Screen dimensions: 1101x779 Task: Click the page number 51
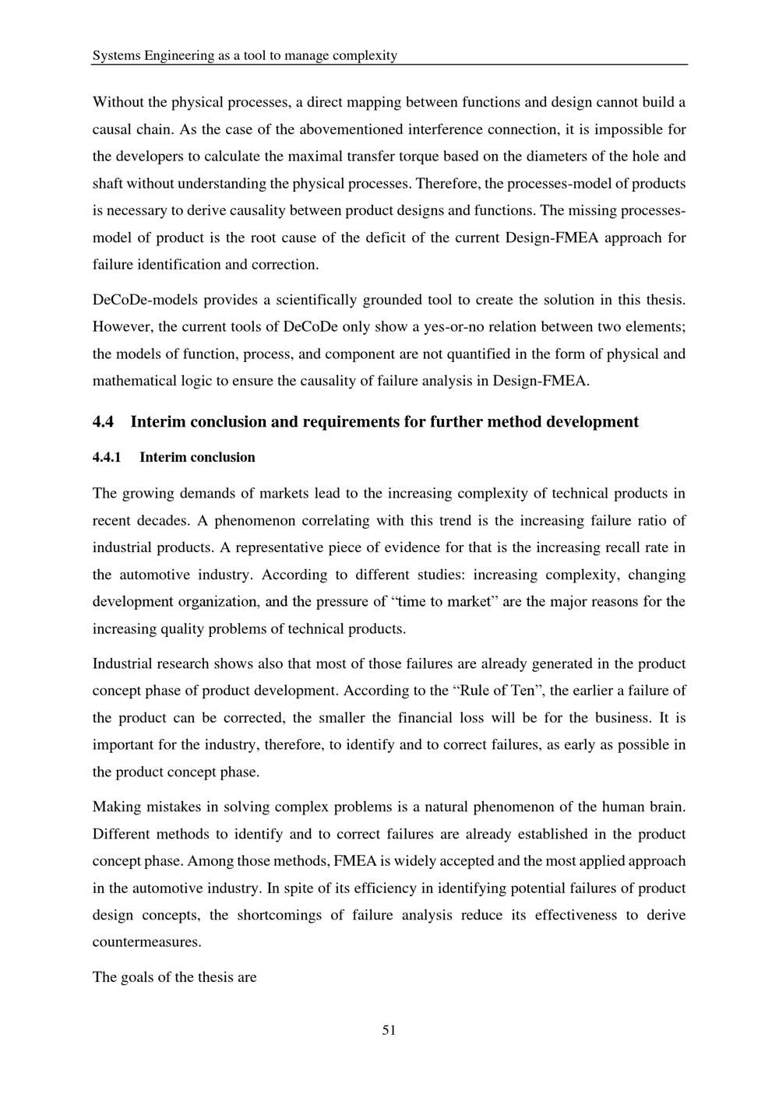point(389,1030)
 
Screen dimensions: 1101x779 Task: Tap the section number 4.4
point(103,422)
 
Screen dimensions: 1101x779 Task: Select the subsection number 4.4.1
point(107,457)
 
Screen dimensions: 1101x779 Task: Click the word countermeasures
point(146,942)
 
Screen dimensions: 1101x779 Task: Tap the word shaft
point(108,183)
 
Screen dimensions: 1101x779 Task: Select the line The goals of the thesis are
point(174,976)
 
